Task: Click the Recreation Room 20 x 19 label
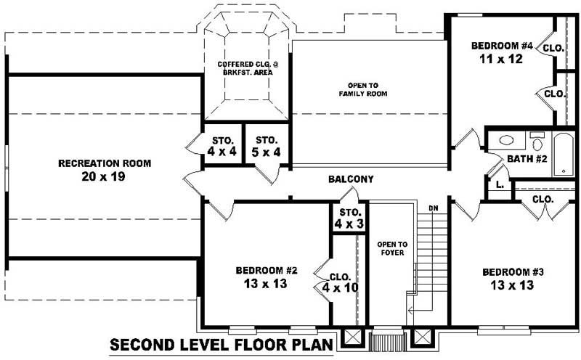click(105, 170)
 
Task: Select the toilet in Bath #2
click(537, 139)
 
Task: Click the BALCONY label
click(351, 179)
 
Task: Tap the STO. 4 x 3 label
click(349, 218)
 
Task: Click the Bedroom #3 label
click(513, 272)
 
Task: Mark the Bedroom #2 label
click(267, 271)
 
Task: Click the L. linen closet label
click(499, 185)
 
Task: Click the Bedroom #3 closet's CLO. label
click(543, 199)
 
